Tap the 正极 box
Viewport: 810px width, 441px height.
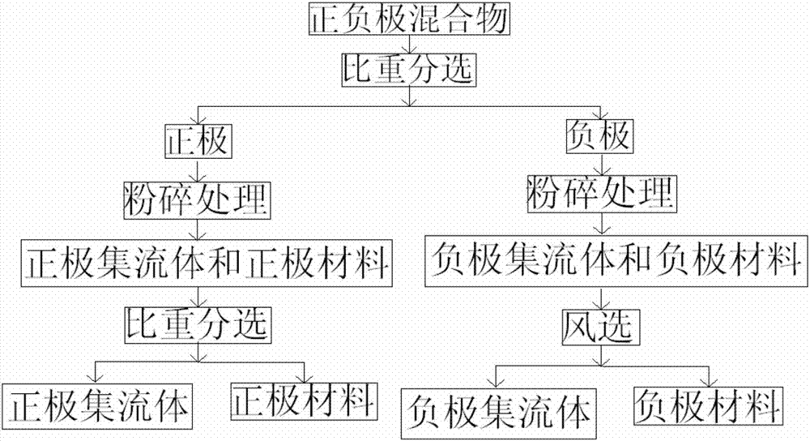(x=198, y=142)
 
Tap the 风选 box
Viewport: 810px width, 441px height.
(x=600, y=328)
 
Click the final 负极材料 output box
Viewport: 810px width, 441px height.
(x=709, y=404)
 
